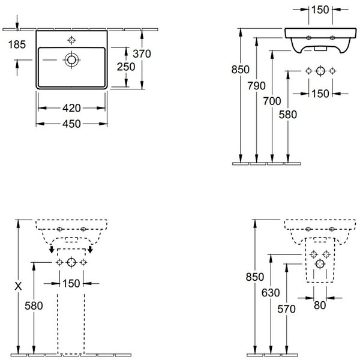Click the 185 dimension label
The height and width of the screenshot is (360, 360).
pos(17,44)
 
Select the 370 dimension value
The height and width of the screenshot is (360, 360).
pos(142,54)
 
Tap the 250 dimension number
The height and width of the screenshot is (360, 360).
pos(126,67)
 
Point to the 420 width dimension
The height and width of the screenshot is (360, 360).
pos(71,108)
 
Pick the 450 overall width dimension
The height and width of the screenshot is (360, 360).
pos(71,124)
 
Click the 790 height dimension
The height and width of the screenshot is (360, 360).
pos(256,86)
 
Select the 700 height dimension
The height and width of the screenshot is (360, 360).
pos(272,101)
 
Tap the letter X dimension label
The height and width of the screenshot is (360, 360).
pos(18,286)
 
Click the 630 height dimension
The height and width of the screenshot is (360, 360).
pos(271,293)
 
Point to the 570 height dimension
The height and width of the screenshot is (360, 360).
pos(286,309)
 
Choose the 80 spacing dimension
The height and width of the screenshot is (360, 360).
pos(320,305)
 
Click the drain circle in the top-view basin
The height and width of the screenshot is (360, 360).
pos(71,59)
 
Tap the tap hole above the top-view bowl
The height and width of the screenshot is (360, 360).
pos(71,40)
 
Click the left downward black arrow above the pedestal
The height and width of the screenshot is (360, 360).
pos(52,250)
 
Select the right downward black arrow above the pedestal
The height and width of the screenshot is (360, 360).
pos(91,250)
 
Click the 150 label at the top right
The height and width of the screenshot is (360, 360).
pos(320,10)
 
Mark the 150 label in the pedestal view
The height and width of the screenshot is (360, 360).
pos(71,283)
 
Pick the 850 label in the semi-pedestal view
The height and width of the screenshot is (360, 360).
pos(255,277)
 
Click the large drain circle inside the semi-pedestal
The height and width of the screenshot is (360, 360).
pos(320,264)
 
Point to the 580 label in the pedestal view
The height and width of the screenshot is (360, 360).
pos(34,305)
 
